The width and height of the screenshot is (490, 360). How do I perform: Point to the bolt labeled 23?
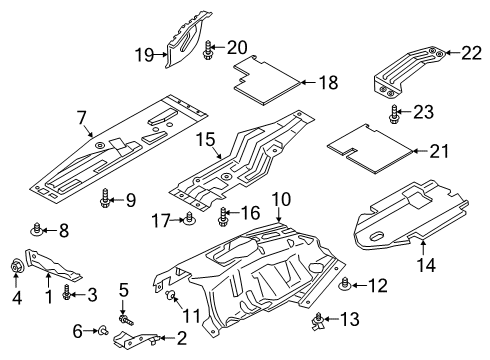tap(395, 112)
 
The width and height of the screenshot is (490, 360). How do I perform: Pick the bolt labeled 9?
tap(105, 202)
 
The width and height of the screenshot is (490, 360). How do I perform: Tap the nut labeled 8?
tap(37, 228)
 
